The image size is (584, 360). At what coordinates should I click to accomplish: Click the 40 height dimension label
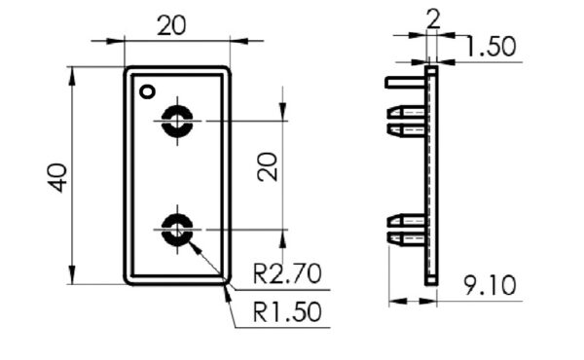click(x=58, y=178)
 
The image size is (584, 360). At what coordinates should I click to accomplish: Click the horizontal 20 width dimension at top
click(x=171, y=25)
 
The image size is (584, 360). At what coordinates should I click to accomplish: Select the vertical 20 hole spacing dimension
click(x=268, y=167)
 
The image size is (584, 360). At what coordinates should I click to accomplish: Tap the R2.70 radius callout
click(x=287, y=273)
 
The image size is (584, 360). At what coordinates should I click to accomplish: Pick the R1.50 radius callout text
click(x=287, y=311)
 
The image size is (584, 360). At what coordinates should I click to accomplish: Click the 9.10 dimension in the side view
click(x=491, y=286)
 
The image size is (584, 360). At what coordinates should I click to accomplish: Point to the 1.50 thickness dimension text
click(x=491, y=47)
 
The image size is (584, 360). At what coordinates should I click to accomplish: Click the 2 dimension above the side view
click(x=433, y=19)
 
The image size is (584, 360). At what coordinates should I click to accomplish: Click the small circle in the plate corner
click(x=148, y=91)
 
